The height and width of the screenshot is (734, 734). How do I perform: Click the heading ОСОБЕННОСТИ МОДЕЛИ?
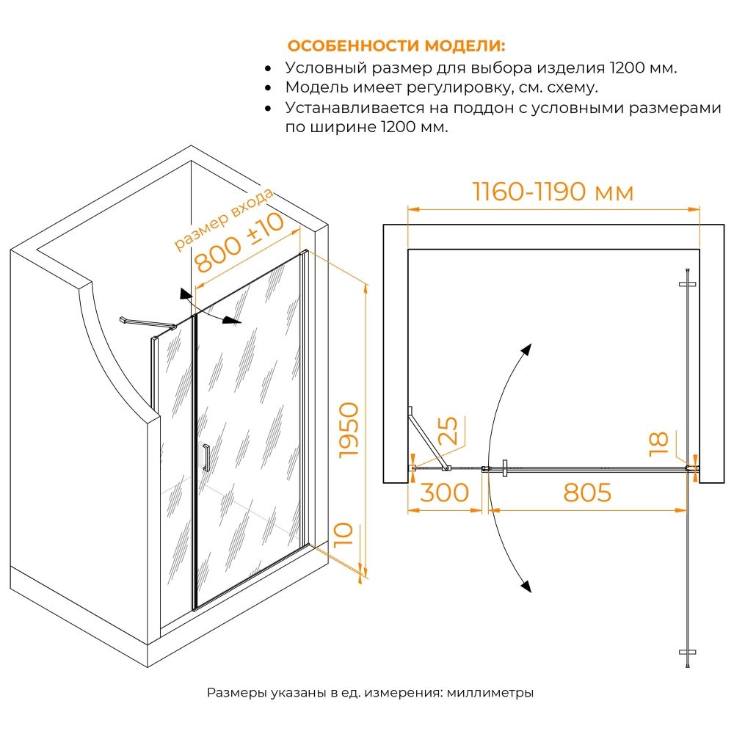click(396, 46)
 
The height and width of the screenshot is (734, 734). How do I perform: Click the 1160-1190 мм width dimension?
click(553, 192)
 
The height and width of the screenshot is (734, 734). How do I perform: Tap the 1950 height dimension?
click(349, 430)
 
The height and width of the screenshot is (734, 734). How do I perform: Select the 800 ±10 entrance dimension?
click(239, 242)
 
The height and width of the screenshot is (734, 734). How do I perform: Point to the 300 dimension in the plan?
click(444, 493)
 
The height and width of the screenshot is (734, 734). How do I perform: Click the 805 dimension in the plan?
click(587, 493)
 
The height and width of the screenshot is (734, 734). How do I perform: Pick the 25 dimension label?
click(448, 430)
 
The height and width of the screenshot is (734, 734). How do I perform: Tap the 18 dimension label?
click(658, 443)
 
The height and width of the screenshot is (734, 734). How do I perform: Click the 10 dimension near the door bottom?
click(344, 534)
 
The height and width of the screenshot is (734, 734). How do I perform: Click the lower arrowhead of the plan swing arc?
click(526, 586)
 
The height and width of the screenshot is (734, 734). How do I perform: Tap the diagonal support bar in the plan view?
click(428, 438)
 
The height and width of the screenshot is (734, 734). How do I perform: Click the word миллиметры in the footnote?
click(490, 692)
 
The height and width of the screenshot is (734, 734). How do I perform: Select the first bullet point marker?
click(268, 69)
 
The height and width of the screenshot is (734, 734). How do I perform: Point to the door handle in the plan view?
click(505, 468)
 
